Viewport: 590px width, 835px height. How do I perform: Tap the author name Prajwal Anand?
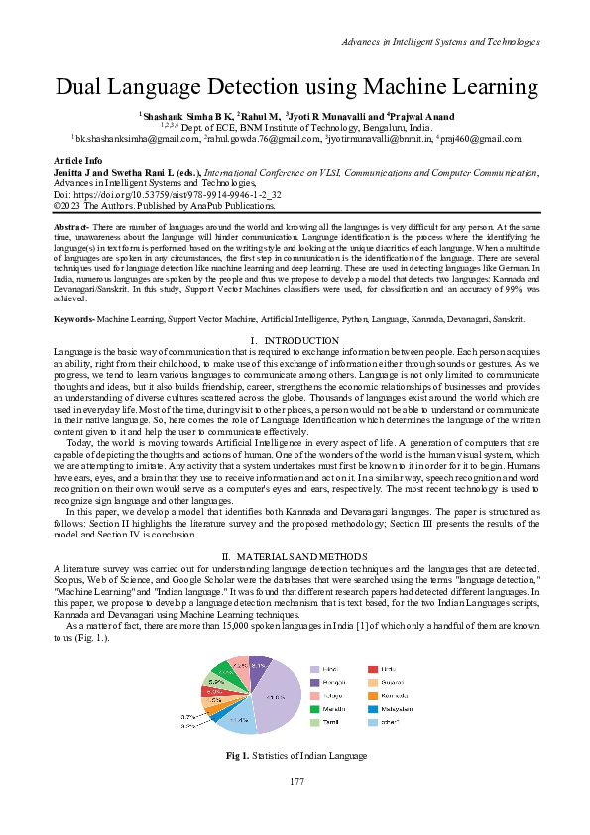(x=429, y=116)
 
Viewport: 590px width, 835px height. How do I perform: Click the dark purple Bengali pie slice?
(x=258, y=664)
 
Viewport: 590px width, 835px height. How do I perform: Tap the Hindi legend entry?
(x=328, y=670)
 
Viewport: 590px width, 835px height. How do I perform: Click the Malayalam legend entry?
(x=402, y=709)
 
